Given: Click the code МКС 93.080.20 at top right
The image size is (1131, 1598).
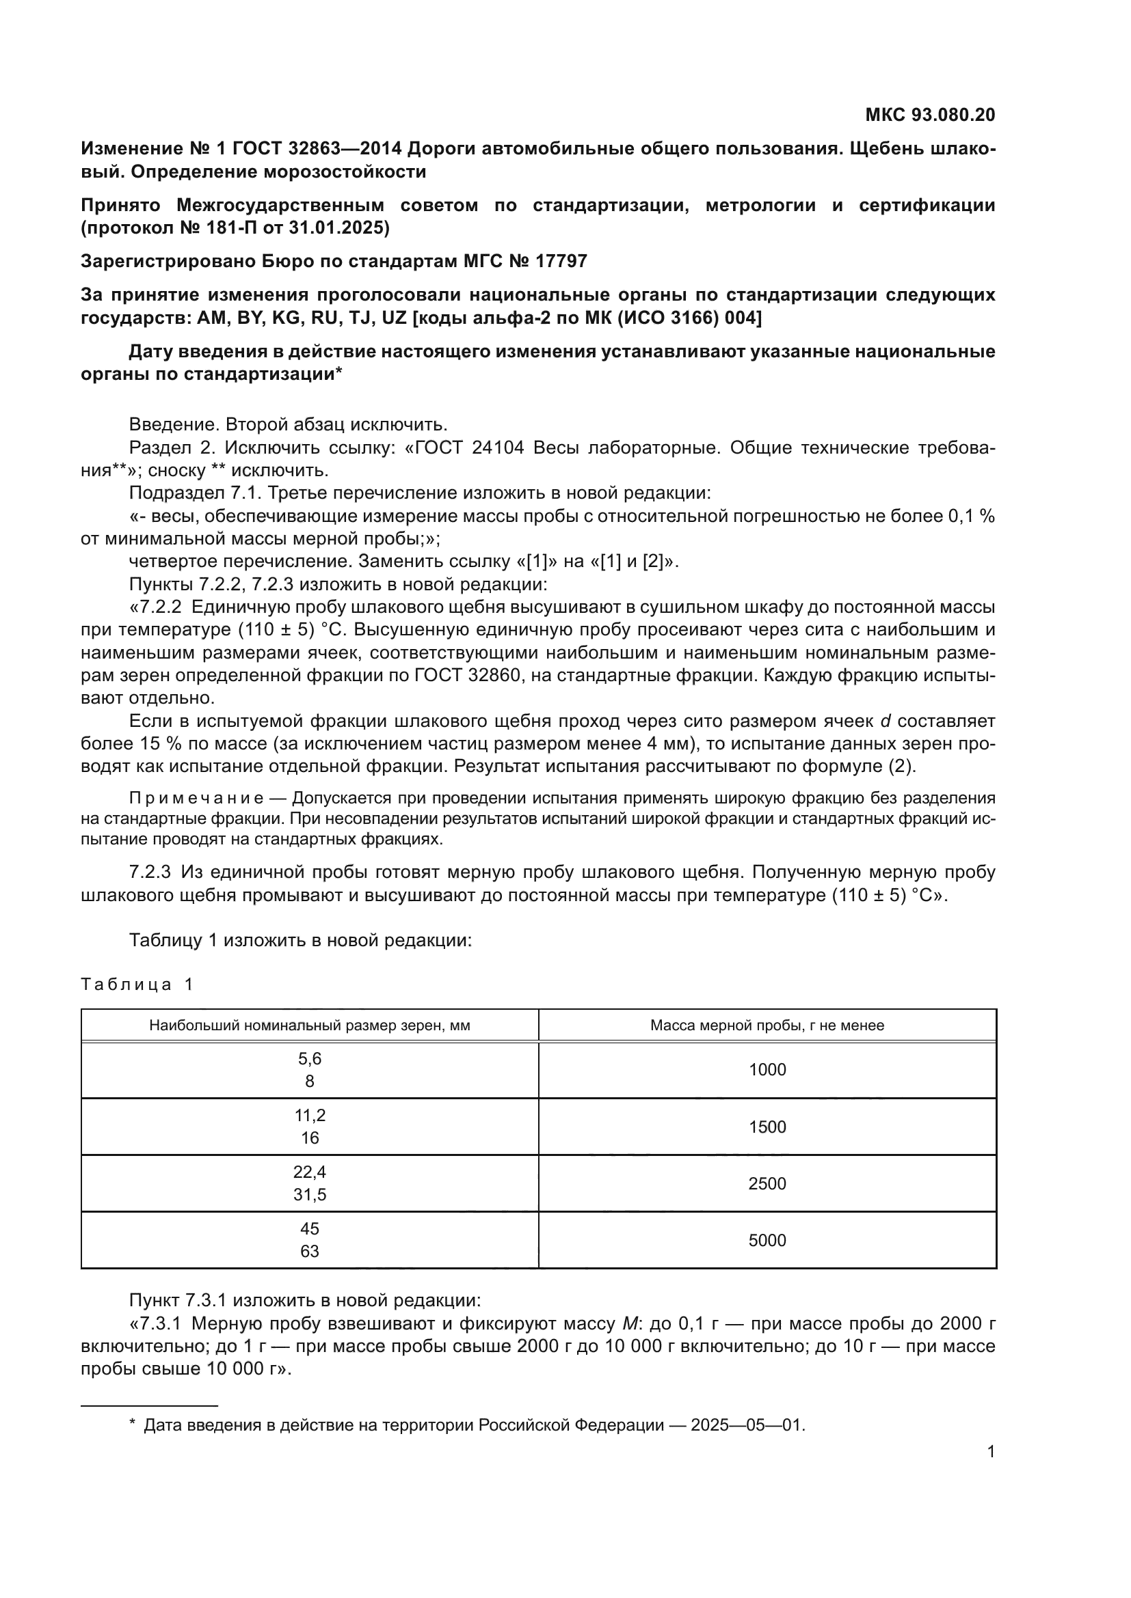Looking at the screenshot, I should coord(930,115).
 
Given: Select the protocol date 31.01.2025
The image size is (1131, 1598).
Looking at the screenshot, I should coord(338,228).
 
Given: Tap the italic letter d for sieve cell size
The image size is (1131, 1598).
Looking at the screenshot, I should coord(886,721).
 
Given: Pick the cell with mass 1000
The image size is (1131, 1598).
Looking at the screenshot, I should coord(767,1070).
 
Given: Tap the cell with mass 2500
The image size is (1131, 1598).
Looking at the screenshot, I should coord(767,1183).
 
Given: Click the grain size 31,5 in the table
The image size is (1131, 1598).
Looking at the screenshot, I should coord(309,1194).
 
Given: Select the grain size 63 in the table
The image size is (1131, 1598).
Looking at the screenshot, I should coord(309,1252).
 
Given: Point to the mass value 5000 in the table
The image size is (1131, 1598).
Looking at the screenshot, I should coord(767,1240).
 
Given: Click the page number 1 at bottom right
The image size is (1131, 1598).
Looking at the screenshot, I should coord(990,1452).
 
